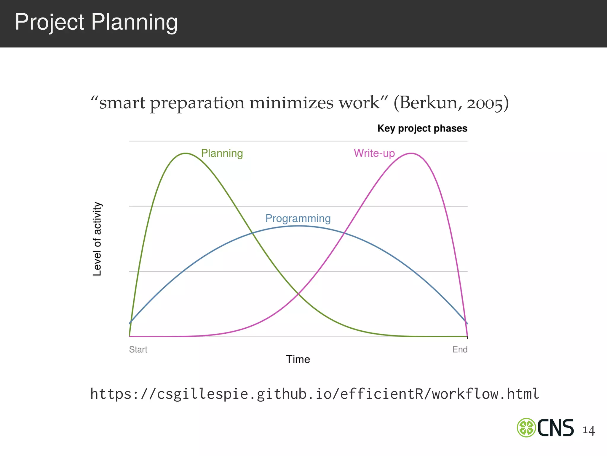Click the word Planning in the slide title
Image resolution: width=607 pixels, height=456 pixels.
click(134, 22)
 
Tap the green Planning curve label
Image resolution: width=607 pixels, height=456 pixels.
click(222, 153)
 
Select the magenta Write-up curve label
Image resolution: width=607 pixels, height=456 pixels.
click(374, 153)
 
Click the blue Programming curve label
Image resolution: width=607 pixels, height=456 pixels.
click(298, 218)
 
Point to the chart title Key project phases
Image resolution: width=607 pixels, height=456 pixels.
click(422, 128)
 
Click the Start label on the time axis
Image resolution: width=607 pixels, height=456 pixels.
click(138, 349)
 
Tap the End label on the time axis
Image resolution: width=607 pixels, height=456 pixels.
click(460, 349)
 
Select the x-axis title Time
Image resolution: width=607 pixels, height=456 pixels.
click(298, 359)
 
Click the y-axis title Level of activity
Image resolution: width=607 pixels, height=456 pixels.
click(97, 239)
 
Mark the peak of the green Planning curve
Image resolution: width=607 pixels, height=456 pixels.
click(186, 153)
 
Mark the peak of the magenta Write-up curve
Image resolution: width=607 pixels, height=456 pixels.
click(411, 153)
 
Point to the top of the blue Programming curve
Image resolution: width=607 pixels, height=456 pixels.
click(298, 226)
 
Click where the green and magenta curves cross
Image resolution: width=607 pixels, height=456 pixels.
click(298, 294)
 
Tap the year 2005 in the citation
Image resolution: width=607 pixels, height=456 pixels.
click(485, 103)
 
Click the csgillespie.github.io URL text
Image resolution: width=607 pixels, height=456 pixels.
click(314, 394)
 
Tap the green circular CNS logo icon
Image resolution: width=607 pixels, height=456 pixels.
click(526, 427)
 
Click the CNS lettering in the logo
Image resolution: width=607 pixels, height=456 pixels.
click(555, 428)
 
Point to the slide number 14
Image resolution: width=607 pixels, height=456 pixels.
click(588, 430)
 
